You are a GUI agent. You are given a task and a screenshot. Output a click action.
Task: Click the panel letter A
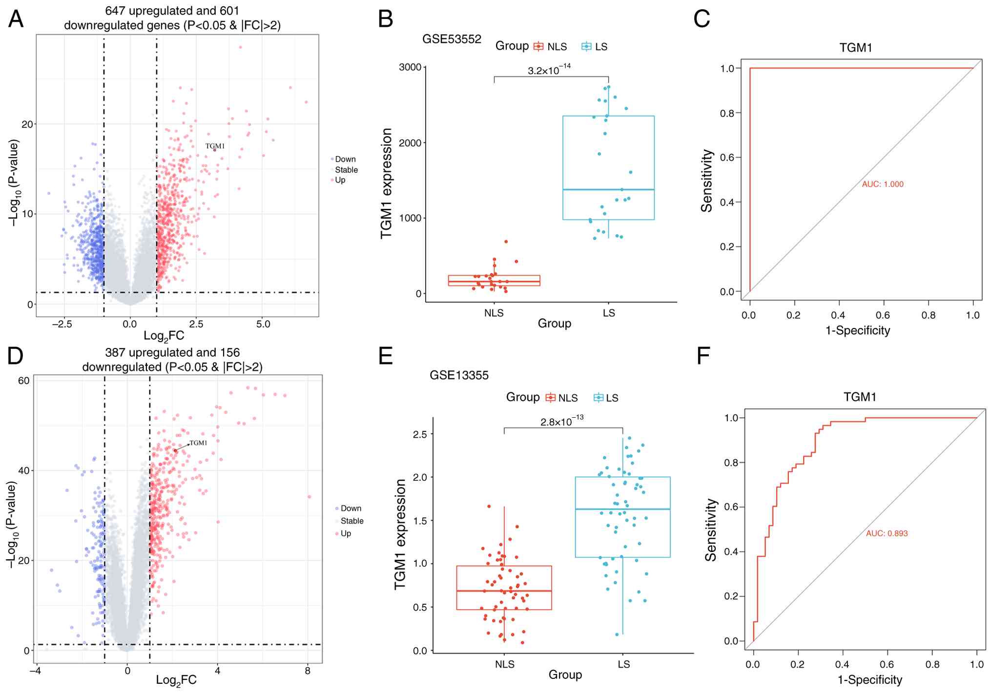pyautogui.click(x=16, y=20)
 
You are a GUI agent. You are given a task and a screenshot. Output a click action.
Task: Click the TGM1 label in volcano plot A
pyautogui.click(x=215, y=146)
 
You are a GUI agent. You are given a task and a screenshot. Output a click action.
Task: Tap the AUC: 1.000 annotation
pyautogui.click(x=882, y=184)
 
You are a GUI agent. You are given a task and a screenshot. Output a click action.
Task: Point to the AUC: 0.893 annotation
pyautogui.click(x=887, y=533)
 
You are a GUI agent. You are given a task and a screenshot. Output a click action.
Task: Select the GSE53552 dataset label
pyautogui.click(x=452, y=39)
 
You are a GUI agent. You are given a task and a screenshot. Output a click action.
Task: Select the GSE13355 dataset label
pyautogui.click(x=459, y=375)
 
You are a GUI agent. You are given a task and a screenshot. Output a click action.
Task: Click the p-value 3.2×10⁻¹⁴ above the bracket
pyautogui.click(x=549, y=70)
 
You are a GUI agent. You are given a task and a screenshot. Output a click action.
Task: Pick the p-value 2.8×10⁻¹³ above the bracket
pyautogui.click(x=561, y=421)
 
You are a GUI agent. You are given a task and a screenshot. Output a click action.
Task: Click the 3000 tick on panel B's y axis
pyautogui.click(x=410, y=67)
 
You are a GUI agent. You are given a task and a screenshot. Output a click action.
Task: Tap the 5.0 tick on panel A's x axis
pyautogui.click(x=263, y=324)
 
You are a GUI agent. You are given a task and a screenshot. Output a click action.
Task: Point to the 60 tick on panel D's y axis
pyautogui.click(x=24, y=381)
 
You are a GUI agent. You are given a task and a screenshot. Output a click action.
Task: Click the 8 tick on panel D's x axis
pyautogui.click(x=308, y=671)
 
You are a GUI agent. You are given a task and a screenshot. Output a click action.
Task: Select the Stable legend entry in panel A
pyautogui.click(x=346, y=170)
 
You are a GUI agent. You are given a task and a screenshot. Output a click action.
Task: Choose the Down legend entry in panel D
pyautogui.click(x=351, y=508)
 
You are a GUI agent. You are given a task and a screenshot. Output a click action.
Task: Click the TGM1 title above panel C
pyautogui.click(x=855, y=48)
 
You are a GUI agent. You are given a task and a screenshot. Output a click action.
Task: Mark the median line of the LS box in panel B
pyautogui.click(x=608, y=189)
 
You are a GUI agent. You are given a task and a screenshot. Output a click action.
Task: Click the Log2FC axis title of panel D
pyautogui.click(x=176, y=680)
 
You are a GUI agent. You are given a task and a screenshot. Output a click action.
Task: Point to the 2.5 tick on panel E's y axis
pyautogui.click(x=420, y=434)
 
